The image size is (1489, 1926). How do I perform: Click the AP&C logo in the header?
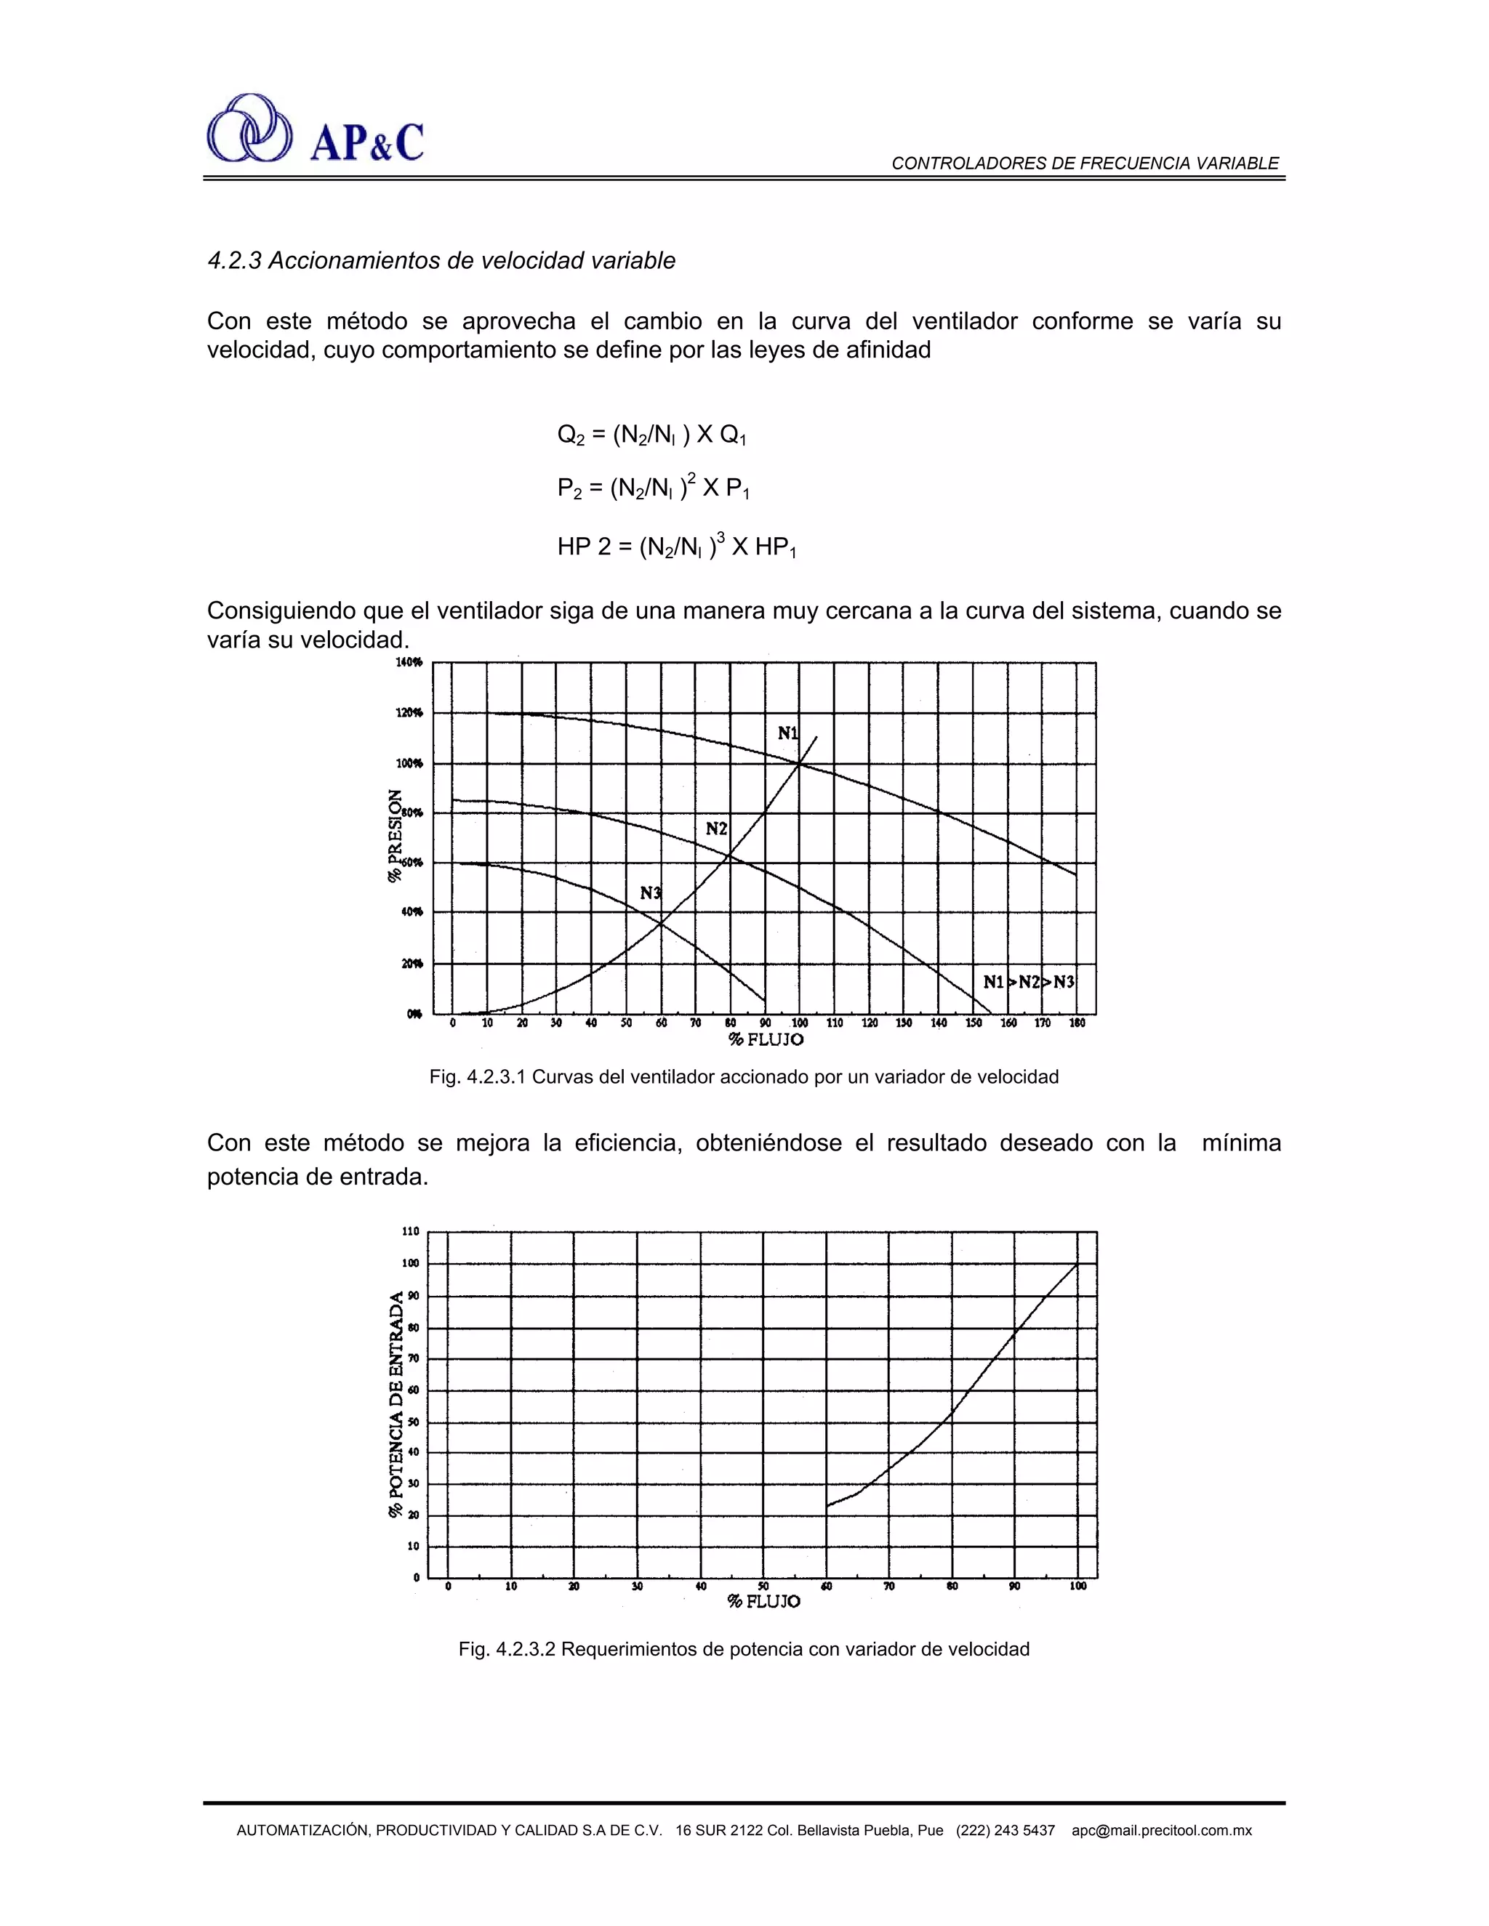coord(315,129)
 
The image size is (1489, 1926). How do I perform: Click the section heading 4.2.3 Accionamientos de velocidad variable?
coord(441,261)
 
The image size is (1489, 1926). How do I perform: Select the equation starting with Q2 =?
coord(653,435)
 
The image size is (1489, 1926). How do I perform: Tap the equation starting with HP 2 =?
coord(677,548)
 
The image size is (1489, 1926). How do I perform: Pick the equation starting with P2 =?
coord(653,488)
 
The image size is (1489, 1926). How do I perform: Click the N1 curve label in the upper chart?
coord(787,733)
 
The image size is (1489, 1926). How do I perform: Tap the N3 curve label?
coord(650,893)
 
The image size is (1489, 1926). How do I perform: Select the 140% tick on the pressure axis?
coord(410,661)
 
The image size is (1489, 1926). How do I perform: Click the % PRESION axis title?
coord(396,835)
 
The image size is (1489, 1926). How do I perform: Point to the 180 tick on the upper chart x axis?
coord(1077,1023)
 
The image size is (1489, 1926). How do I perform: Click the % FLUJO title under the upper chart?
coord(766,1040)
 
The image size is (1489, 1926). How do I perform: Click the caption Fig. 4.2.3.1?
coord(744,1077)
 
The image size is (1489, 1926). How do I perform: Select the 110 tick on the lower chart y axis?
coord(411,1231)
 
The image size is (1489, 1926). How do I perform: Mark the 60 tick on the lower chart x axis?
coord(827,1587)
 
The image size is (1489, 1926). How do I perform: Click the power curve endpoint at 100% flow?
coord(1077,1264)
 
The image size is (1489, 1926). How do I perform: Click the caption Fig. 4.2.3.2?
coord(744,1649)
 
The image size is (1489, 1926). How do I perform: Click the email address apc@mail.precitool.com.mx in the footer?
coord(1162,1831)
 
